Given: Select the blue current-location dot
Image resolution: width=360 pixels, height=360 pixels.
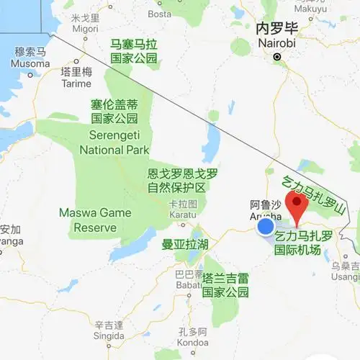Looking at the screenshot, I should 266,227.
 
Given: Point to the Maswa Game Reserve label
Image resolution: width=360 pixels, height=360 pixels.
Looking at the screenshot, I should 95,220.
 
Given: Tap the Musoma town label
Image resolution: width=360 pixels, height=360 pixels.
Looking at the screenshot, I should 30,58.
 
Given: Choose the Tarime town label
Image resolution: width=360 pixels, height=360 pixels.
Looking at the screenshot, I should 76,78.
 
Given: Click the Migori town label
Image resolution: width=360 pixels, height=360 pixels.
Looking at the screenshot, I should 86,23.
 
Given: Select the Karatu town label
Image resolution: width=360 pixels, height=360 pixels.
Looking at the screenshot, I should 181,210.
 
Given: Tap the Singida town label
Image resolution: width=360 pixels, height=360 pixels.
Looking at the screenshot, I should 109,330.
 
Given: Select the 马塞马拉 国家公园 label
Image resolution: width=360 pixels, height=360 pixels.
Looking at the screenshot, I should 133,51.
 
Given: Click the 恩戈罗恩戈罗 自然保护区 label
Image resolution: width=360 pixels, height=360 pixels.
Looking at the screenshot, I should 182,180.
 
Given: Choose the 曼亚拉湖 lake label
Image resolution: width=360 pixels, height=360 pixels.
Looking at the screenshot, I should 184,245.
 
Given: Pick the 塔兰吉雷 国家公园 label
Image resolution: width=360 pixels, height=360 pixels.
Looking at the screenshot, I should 225,284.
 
